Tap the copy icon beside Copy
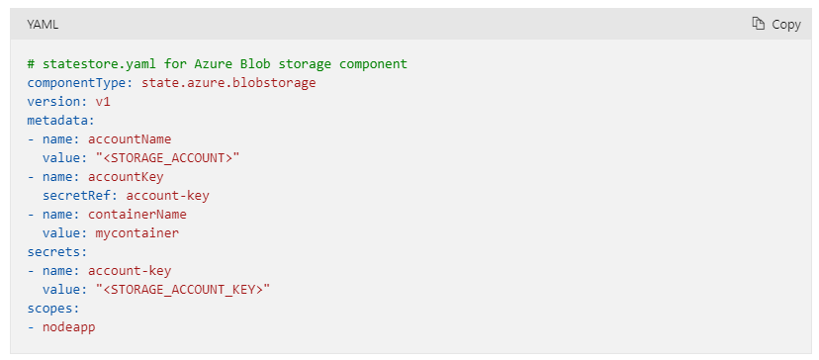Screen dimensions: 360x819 (759, 24)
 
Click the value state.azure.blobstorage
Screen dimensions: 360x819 (228, 83)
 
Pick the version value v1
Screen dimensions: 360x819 (103, 102)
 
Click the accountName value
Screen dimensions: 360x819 (130, 139)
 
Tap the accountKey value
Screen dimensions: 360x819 (126, 177)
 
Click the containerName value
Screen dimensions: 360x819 (137, 214)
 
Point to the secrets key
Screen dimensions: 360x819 (53, 251)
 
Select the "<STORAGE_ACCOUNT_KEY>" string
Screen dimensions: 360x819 (183, 289)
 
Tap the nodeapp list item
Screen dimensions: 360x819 (69, 326)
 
